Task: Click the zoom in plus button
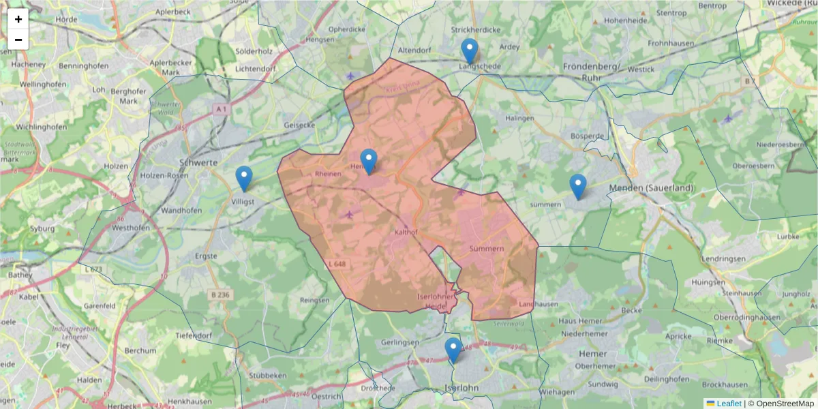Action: click(18, 19)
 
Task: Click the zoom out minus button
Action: click(18, 40)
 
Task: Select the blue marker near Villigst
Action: click(243, 179)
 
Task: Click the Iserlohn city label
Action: click(461, 388)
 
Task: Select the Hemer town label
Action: click(588, 354)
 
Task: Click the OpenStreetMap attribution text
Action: click(784, 404)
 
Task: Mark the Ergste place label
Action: click(206, 256)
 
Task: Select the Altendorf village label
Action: click(415, 50)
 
